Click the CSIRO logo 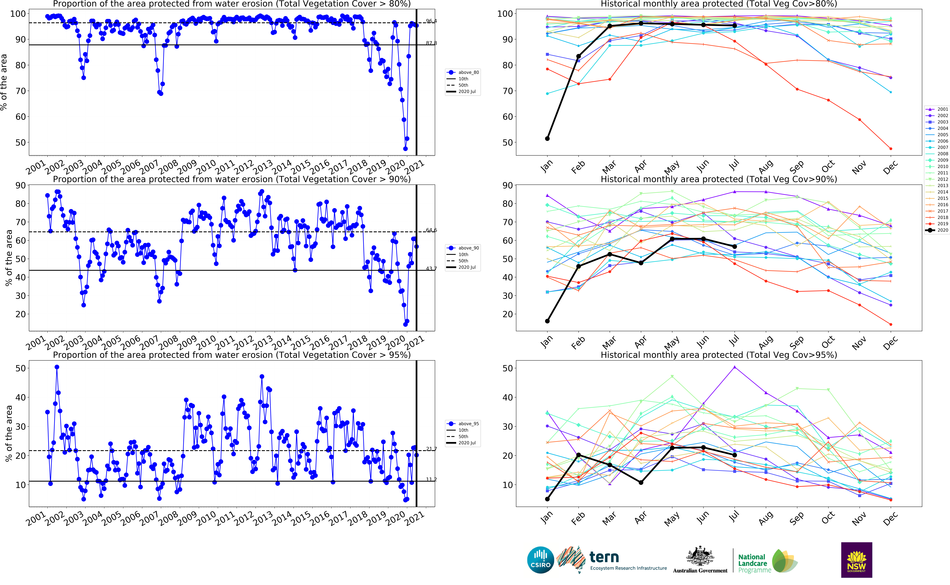(540, 560)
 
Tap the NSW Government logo (856, 560)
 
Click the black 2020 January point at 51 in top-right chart (547, 139)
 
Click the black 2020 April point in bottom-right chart (641, 483)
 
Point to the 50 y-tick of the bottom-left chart (20, 368)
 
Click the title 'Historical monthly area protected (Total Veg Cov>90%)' (719, 179)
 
